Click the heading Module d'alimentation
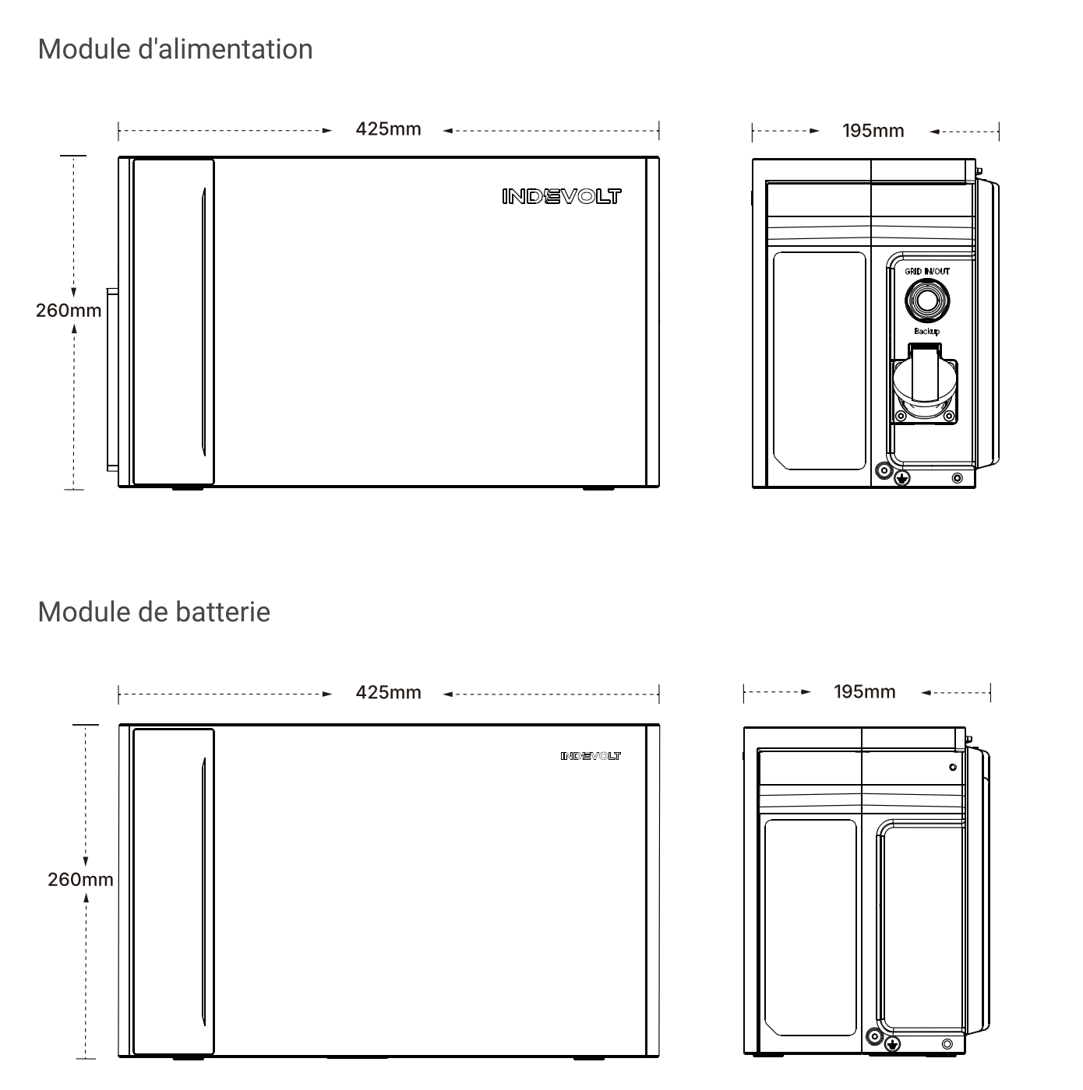(175, 49)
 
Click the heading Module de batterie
(154, 612)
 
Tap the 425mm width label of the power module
(388, 129)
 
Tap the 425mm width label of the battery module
(388, 693)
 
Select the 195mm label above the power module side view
(873, 132)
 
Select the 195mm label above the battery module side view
(865, 692)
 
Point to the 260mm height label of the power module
(69, 311)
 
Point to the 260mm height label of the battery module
(80, 880)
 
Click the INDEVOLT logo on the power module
(562, 196)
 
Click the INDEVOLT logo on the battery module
(591, 756)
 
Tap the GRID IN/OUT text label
(926, 272)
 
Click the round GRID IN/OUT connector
(926, 301)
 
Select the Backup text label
(926, 332)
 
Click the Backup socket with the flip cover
(925, 384)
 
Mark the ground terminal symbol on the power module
(901, 479)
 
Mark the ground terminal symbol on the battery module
(893, 1044)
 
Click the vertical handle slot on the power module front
(204, 322)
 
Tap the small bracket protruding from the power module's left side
(113, 379)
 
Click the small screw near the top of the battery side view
(953, 767)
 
